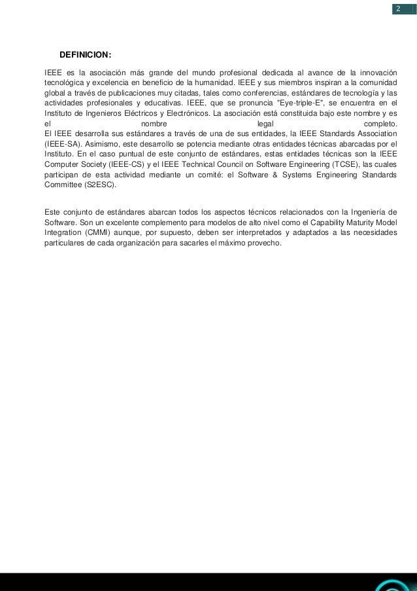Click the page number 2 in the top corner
coord(397,9)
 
